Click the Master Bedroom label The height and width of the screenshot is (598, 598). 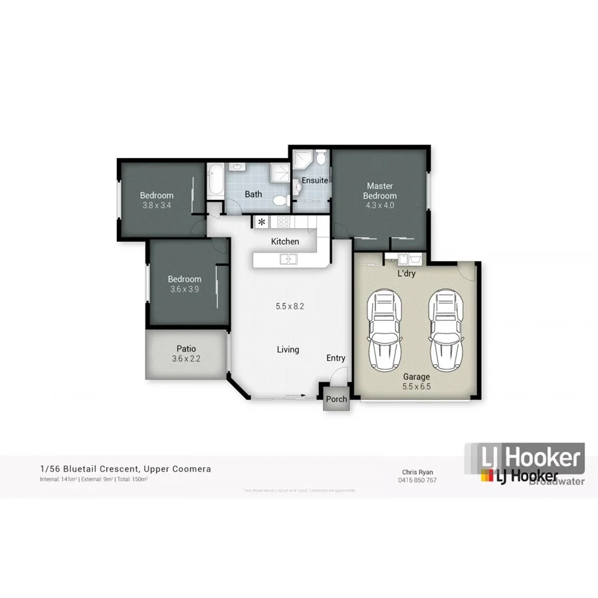coord(379,191)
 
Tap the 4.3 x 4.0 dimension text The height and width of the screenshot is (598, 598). coord(379,206)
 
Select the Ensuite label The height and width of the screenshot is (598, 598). coord(314,180)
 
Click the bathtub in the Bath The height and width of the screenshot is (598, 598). coord(217,180)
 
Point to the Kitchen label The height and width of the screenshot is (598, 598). coord(285,241)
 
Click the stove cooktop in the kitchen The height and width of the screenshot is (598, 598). coord(284,222)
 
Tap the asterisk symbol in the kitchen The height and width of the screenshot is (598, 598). coord(262,222)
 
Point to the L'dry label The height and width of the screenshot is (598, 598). coord(406,273)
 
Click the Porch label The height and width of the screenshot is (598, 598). coord(336,399)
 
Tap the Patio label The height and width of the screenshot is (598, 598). coord(185,348)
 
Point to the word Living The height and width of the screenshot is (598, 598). coord(288,349)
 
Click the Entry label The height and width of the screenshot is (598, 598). coord(336,358)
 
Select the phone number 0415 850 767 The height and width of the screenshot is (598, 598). coord(417,480)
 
